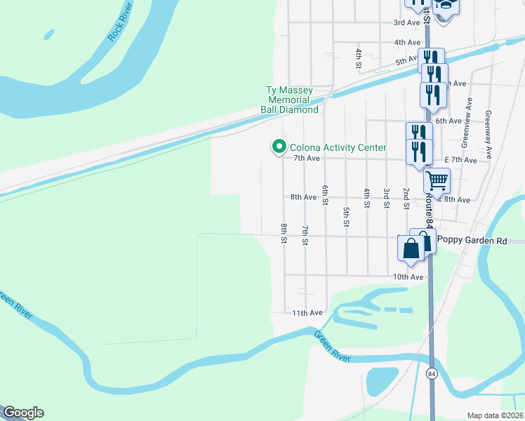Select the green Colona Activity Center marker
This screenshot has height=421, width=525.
(279, 147)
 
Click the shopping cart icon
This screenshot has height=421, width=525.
(437, 181)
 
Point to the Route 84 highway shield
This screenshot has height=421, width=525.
(432, 374)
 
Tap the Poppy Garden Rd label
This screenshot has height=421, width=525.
(472, 240)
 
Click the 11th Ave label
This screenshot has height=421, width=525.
(307, 312)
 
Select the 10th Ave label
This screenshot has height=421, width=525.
(408, 277)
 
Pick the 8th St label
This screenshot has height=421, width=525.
(284, 233)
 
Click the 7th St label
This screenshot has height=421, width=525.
(305, 234)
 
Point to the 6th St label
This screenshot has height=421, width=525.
(326, 195)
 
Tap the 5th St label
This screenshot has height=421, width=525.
(346, 217)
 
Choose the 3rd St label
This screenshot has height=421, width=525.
(386, 198)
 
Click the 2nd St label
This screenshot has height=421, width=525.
(406, 198)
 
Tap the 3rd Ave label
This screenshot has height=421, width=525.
(406, 22)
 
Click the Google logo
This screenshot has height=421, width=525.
(22, 413)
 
